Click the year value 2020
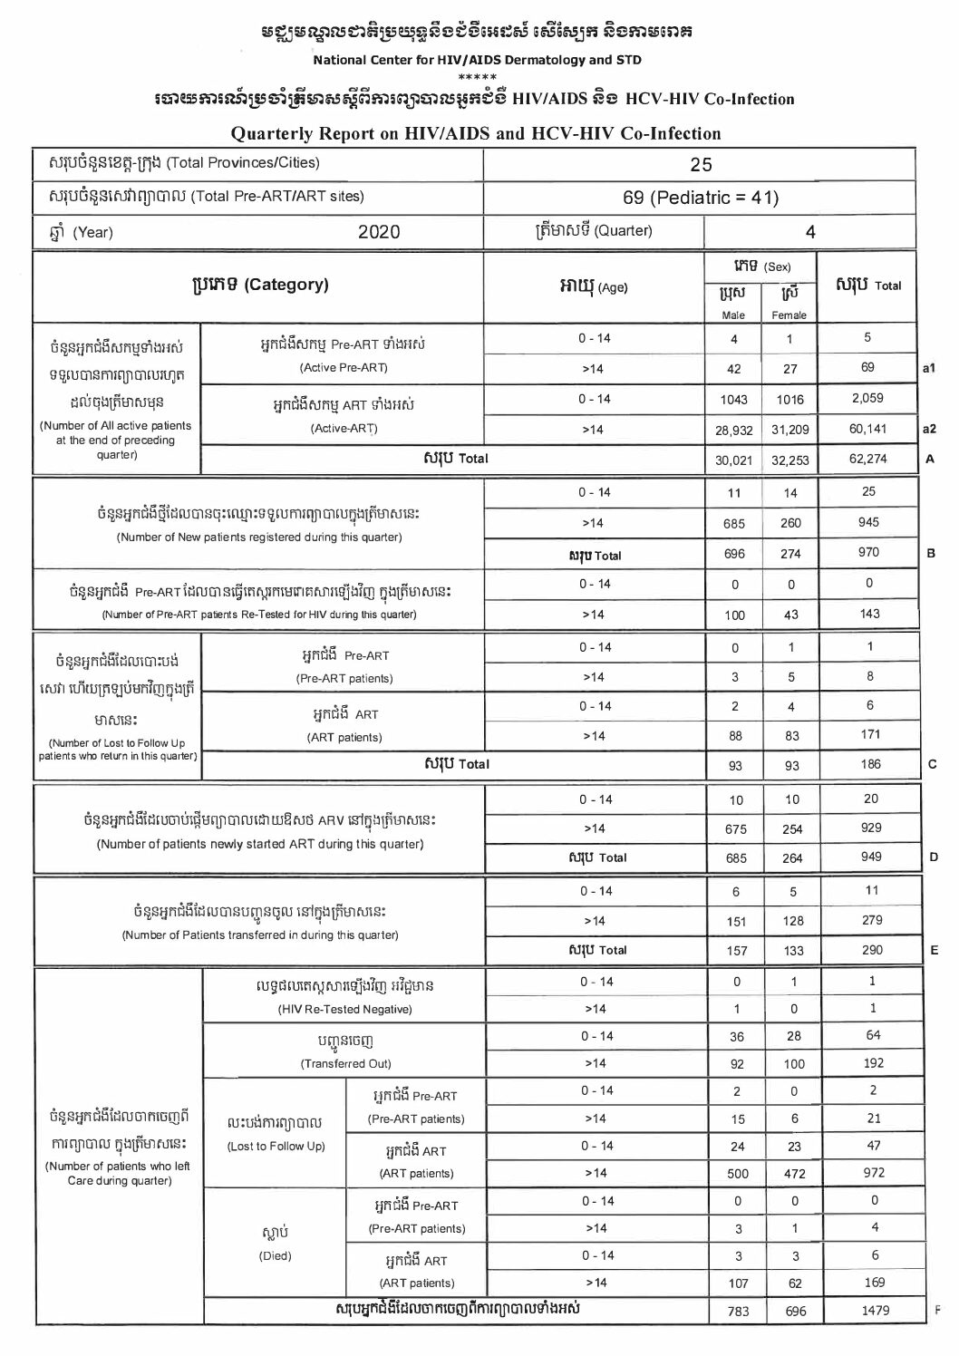tap(379, 232)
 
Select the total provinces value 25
tap(701, 164)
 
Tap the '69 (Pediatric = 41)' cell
tap(701, 198)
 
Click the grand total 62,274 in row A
tap(867, 459)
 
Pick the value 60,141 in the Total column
tap(867, 429)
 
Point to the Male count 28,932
tap(734, 430)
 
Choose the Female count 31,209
tap(789, 430)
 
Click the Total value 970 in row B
tap(867, 553)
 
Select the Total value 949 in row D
tap(867, 857)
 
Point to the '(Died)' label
tap(276, 1256)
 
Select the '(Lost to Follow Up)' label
tap(276, 1147)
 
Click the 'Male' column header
tap(733, 315)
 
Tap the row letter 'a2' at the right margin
tap(928, 429)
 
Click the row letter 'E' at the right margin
tap(934, 950)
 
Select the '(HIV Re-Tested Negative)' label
tap(344, 1009)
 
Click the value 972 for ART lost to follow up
tap(873, 1173)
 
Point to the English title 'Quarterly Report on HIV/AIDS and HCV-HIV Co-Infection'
tap(476, 134)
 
